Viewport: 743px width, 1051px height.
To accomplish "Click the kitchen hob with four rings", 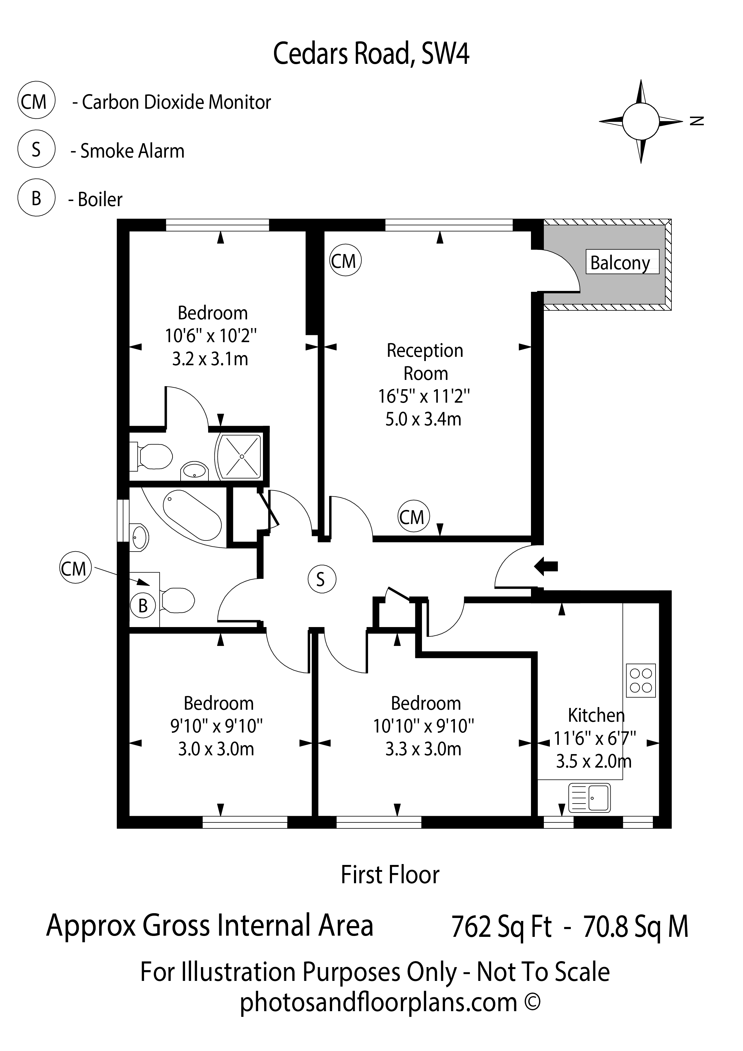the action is [641, 680].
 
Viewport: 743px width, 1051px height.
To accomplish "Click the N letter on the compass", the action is [697, 121].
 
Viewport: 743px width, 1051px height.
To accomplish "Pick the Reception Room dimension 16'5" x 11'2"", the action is [424, 396].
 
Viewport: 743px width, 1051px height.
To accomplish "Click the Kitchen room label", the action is [596, 715].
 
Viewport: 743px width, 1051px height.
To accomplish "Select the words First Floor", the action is [390, 874].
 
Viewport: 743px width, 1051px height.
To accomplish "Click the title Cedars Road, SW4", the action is [371, 54].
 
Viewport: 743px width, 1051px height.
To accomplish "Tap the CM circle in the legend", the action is [36, 101].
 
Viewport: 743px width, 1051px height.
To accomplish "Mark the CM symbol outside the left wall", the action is [75, 569].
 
